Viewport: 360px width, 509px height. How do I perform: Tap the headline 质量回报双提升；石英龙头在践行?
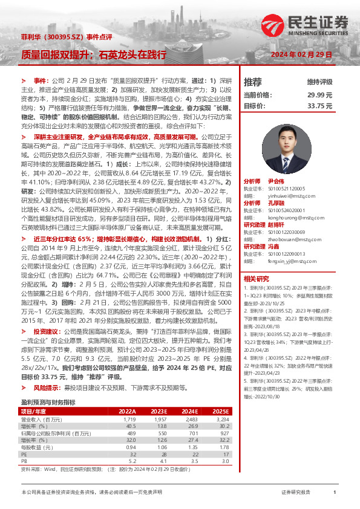pyautogui.click(x=93, y=54)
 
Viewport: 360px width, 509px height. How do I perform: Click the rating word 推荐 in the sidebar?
pyautogui.click(x=252, y=82)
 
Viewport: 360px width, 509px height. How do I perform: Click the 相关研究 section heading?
pyautogui.click(x=257, y=279)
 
